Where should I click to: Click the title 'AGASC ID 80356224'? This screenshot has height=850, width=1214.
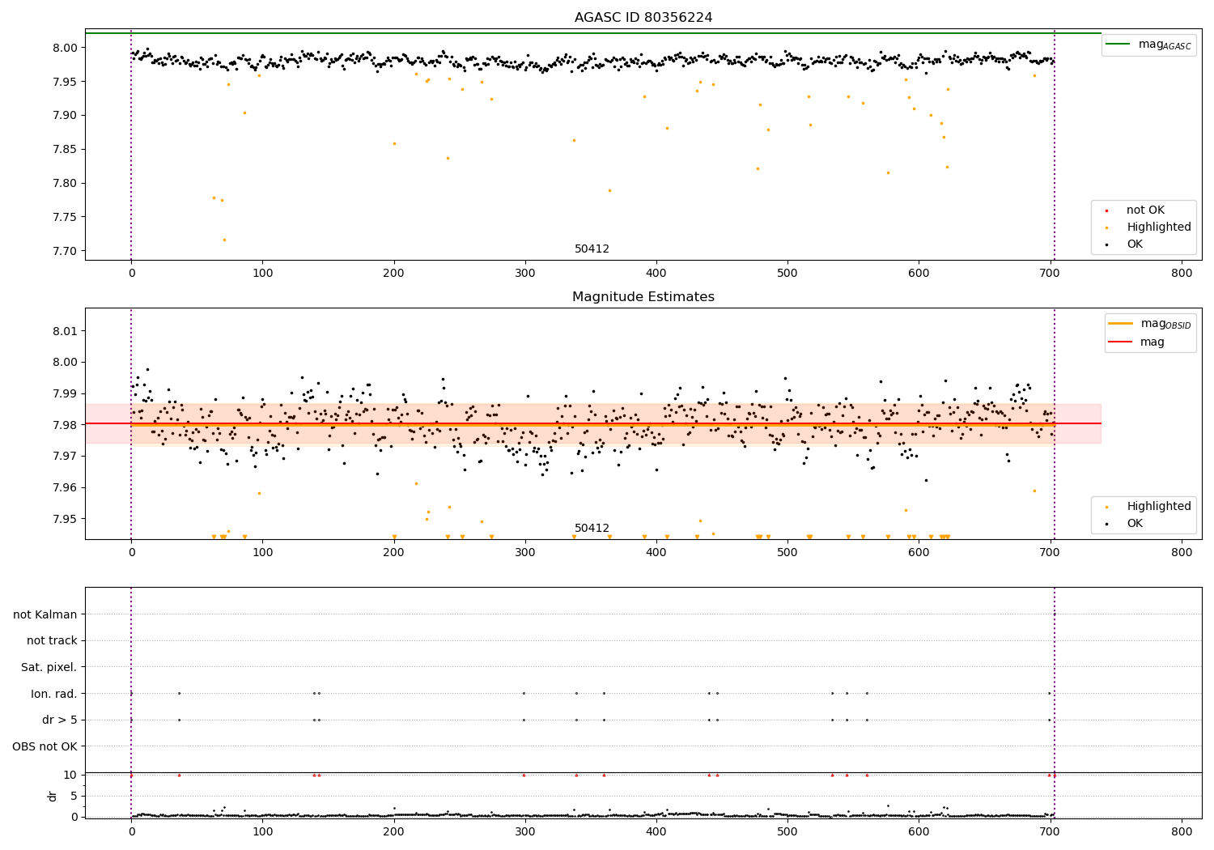(x=643, y=18)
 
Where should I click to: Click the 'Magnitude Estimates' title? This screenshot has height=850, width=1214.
(x=643, y=297)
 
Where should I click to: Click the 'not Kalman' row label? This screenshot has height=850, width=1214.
(x=45, y=614)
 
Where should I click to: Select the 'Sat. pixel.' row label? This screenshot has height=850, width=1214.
(x=49, y=667)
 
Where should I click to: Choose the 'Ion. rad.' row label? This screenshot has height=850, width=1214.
(x=53, y=694)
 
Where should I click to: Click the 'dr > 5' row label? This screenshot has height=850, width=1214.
(x=59, y=720)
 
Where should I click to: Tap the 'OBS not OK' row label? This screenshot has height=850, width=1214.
(x=45, y=746)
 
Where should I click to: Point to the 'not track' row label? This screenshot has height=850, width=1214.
(x=52, y=641)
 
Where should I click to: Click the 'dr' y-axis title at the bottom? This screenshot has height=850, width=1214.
(x=53, y=796)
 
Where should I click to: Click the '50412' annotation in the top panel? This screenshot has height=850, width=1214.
(x=592, y=249)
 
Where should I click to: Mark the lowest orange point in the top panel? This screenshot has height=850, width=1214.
(x=224, y=240)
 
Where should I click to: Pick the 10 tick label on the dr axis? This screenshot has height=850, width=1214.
(x=70, y=775)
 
